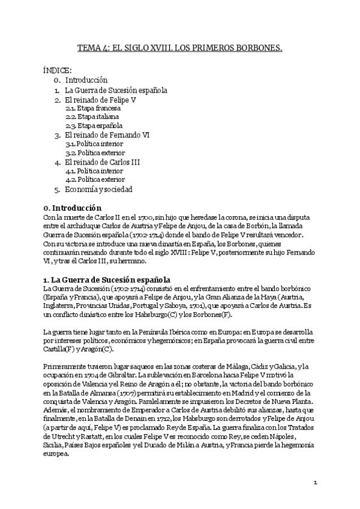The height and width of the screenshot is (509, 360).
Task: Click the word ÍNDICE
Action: [58, 70]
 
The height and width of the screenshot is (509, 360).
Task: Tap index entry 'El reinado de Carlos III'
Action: [105, 162]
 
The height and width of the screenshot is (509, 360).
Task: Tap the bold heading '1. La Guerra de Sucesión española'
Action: [107, 279]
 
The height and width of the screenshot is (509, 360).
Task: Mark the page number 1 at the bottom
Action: [315, 482]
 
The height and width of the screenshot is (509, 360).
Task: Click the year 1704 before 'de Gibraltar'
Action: [85, 376]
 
